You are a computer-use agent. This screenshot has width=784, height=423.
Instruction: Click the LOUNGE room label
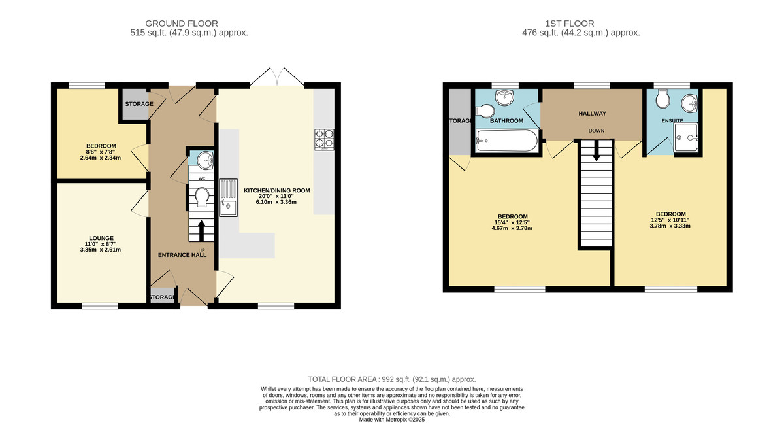pyautogui.click(x=101, y=238)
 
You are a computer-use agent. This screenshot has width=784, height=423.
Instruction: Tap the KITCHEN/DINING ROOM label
pyautogui.click(x=277, y=190)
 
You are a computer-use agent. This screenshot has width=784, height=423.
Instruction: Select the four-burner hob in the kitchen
pyautogui.click(x=324, y=140)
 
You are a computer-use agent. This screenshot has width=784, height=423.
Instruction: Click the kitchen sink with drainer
pyautogui.click(x=228, y=197)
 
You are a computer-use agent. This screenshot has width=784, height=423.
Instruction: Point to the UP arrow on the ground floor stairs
pyautogui.click(x=202, y=230)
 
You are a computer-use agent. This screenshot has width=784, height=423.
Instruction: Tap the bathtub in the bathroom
pyautogui.click(x=507, y=141)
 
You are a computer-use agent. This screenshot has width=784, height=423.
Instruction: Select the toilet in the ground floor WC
pyautogui.click(x=203, y=196)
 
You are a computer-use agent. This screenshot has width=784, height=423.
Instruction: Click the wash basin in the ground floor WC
pyautogui.click(x=205, y=160)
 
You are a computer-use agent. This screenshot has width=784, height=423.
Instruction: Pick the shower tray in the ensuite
pyautogui.click(x=686, y=137)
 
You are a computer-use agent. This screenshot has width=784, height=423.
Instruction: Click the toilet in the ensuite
pyautogui.click(x=663, y=99)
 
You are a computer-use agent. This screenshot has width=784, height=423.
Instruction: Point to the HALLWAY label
pyautogui.click(x=592, y=114)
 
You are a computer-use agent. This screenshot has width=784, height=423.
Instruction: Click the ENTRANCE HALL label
pyautogui.click(x=182, y=255)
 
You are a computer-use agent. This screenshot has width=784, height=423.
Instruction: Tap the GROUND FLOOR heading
pyautogui.click(x=182, y=24)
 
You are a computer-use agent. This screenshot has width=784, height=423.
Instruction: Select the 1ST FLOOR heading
pyautogui.click(x=570, y=24)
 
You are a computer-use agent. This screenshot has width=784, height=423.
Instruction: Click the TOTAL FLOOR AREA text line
pyautogui.click(x=392, y=379)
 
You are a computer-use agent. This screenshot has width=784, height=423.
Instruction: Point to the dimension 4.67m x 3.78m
pyautogui.click(x=512, y=228)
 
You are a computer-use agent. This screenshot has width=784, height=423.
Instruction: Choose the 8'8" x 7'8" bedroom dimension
pyautogui.click(x=101, y=152)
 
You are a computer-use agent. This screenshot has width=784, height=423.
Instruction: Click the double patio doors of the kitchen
pyautogui.click(x=277, y=76)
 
